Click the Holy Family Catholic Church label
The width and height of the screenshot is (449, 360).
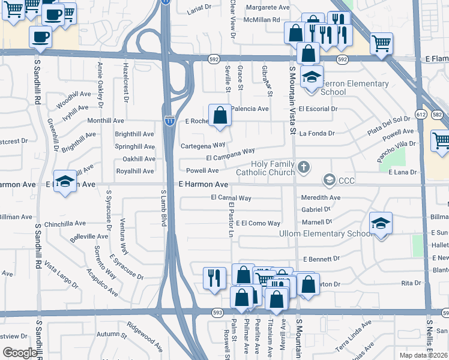tap(261, 168)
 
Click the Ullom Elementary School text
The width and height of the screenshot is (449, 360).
tap(326, 233)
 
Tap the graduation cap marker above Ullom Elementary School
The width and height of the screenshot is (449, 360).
tap(381, 224)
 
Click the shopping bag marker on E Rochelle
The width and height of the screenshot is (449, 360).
tap(220, 115)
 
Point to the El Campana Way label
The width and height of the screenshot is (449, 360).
tap(231, 155)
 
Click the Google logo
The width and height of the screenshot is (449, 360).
tap(20, 353)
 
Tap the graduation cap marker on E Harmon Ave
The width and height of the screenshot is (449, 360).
tap(65, 181)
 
